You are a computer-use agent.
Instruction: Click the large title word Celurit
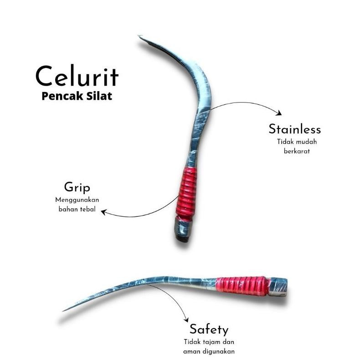(x=77, y=76)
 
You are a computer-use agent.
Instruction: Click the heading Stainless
(x=295, y=129)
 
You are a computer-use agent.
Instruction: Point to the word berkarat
(x=297, y=151)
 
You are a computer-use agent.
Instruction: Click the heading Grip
(x=77, y=187)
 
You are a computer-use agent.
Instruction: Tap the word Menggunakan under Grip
(x=77, y=200)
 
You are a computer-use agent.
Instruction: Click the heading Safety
(x=209, y=329)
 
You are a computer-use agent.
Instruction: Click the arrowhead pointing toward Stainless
(x=279, y=113)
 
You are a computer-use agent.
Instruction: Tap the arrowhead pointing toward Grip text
(x=103, y=212)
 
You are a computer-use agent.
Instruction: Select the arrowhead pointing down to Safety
(x=186, y=319)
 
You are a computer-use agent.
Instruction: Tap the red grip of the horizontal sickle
(x=242, y=286)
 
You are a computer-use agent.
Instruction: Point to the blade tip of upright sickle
(x=139, y=36)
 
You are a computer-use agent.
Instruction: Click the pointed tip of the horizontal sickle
(x=64, y=311)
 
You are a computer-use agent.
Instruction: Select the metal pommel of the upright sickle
(x=182, y=229)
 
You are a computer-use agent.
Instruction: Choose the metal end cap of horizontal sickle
(x=278, y=287)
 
